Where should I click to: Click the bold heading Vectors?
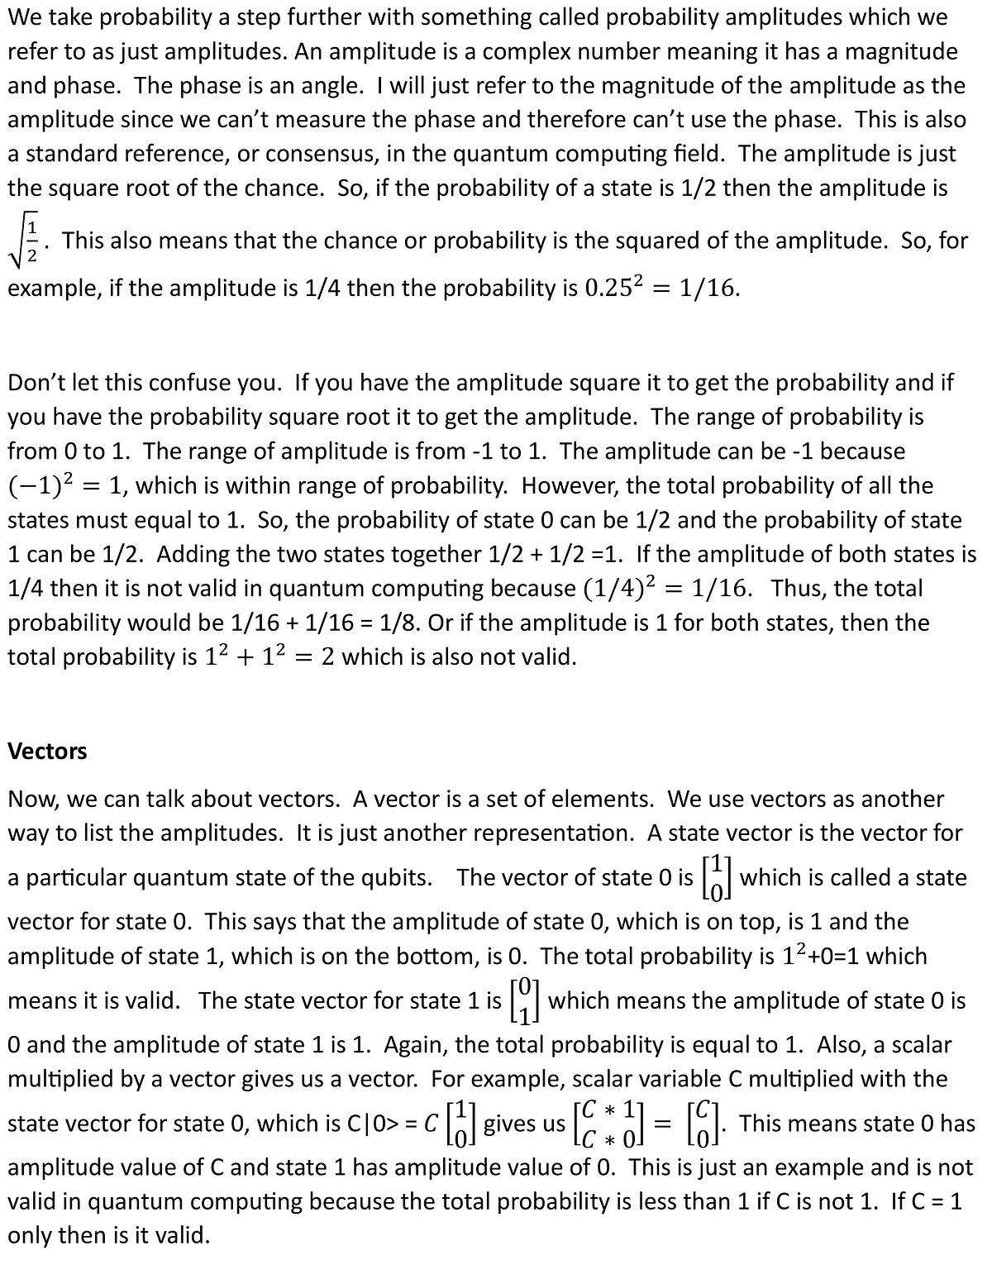(47, 751)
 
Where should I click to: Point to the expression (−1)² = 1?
(65, 485)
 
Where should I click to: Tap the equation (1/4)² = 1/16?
(660, 588)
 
